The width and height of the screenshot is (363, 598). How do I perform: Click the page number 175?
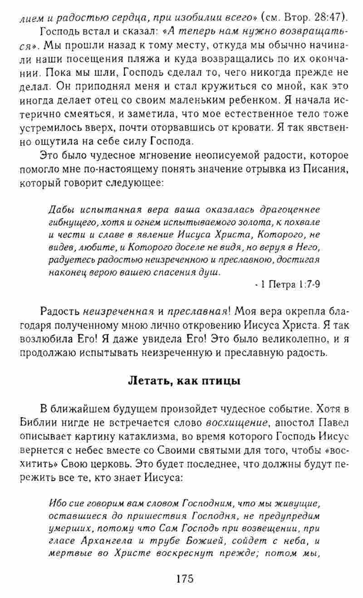[x=181, y=579]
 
